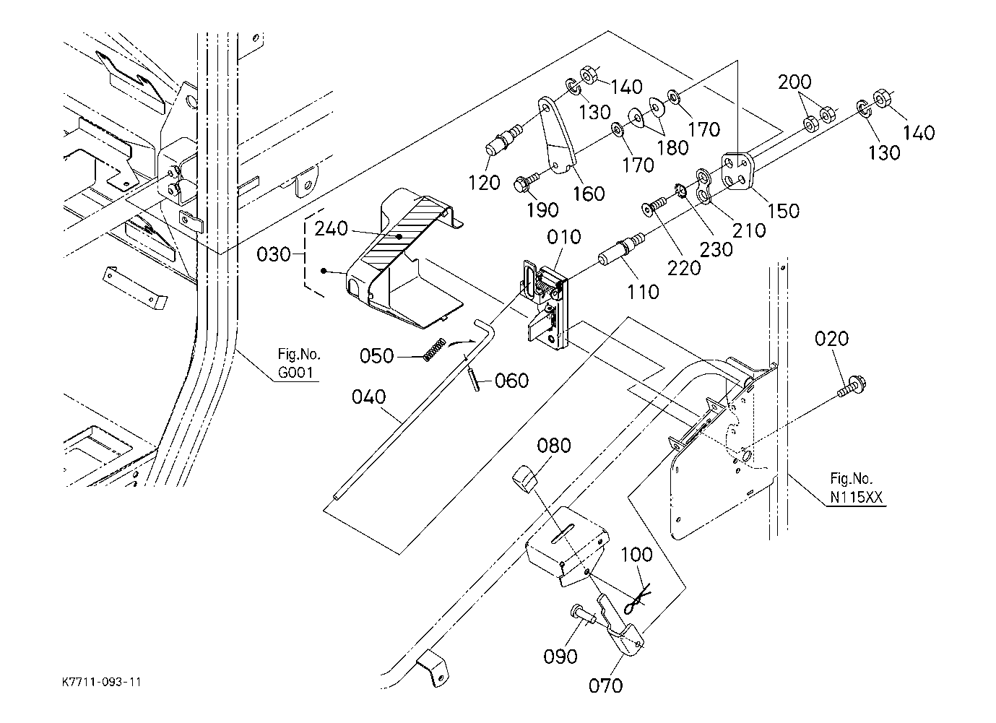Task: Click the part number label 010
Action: (564, 237)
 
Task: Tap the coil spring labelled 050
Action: (434, 350)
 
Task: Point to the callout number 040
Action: (368, 397)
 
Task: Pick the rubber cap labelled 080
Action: (524, 479)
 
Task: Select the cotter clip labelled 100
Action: (637, 599)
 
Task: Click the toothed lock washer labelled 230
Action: (680, 191)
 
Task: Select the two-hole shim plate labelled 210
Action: (704, 186)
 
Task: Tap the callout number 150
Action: (783, 211)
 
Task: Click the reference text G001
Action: (295, 372)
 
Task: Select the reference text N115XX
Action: (856, 497)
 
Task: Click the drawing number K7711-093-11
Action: (101, 682)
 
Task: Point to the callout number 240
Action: (332, 228)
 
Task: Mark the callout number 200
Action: (794, 82)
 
